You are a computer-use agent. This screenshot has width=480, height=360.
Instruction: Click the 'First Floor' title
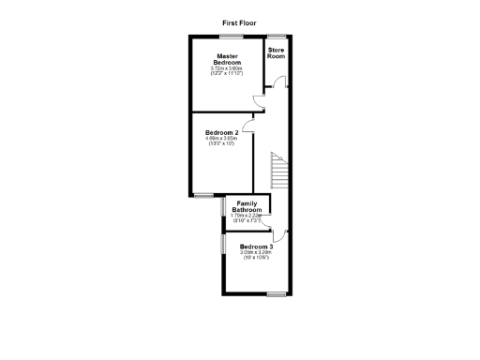tap(239, 22)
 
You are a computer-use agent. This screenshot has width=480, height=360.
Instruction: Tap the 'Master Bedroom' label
tap(226, 59)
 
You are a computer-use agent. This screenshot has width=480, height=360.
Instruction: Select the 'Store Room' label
tap(276, 52)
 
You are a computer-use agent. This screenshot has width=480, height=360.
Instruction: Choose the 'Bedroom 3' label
tap(255, 247)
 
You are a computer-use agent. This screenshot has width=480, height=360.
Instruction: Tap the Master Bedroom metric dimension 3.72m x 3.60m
tap(226, 68)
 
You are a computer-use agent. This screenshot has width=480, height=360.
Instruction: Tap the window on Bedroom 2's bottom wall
tap(202, 194)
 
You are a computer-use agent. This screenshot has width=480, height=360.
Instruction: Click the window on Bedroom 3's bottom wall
tap(276, 295)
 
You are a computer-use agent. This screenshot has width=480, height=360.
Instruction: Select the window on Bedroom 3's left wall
tap(223, 243)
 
